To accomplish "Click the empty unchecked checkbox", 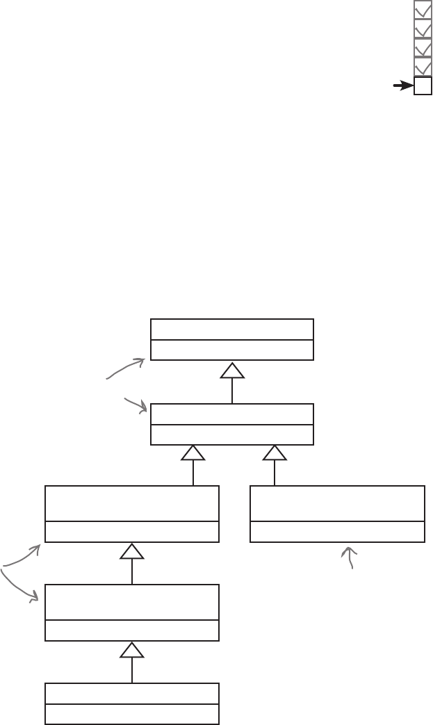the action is (423, 86).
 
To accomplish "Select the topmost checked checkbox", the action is (423, 9).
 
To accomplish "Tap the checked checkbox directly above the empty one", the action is (423, 67).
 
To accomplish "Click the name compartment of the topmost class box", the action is (231, 329).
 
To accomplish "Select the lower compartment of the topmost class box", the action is (231, 350).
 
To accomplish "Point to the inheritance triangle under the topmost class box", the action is (232, 370).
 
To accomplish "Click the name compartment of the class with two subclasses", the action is (231, 414).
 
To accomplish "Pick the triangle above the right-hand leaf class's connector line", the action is (275, 453).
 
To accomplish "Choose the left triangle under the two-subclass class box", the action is (193, 453).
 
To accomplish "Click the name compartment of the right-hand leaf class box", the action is (337, 503).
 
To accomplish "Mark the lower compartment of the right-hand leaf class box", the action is (337, 532).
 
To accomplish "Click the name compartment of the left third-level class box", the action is (131, 503).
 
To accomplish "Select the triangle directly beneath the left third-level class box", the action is (131, 551).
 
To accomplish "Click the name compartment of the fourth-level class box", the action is (131, 602).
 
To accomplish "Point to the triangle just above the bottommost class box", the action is (131, 650).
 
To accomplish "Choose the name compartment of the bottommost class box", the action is (131, 693).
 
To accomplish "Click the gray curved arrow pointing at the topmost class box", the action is (125, 369).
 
